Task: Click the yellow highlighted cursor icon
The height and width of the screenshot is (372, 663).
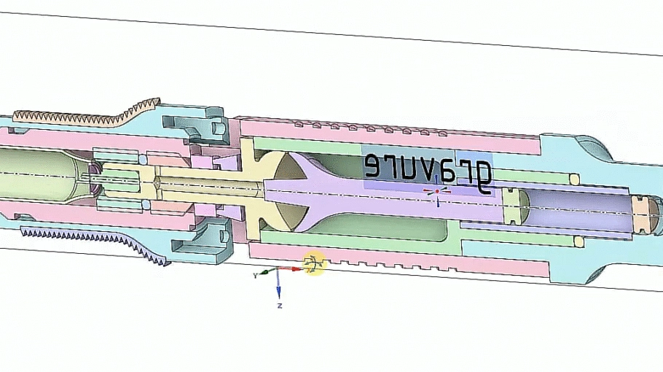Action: coord(314,264)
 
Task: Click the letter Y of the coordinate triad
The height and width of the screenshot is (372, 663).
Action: coord(255,276)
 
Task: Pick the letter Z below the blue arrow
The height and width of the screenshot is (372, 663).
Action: coord(279,306)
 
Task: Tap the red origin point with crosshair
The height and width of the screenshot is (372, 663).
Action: coord(437,192)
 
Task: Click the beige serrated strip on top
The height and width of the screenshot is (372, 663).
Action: coord(87,115)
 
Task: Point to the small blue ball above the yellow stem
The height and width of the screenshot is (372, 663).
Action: coord(144,160)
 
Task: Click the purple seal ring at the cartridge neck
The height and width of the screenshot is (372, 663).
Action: coord(95,181)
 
